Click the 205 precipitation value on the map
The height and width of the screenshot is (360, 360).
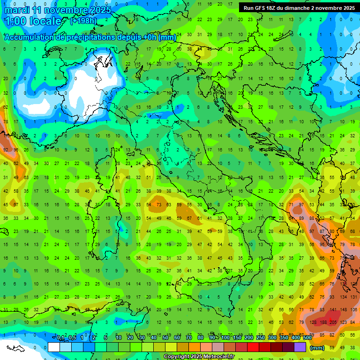pyautogui.click(x=333, y=322)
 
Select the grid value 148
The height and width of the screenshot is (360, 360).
pyautogui.click(x=347, y=310)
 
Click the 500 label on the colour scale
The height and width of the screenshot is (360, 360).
pyautogui.click(x=307, y=338)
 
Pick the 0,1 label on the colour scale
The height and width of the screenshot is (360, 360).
pyautogui.click(x=60, y=338)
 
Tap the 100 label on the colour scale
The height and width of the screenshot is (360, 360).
pyautogui.click(x=225, y=338)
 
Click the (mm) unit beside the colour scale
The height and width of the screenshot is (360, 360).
pyautogui.click(x=318, y=348)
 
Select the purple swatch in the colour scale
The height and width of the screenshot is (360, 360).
pyautogui.click(x=300, y=347)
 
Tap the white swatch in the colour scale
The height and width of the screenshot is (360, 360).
pyautogui.click(x=54, y=347)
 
